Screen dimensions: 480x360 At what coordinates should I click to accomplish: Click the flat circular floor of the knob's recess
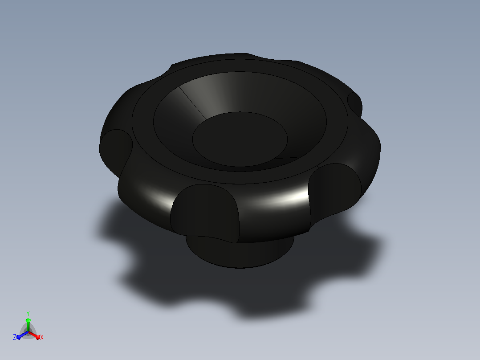click(240, 139)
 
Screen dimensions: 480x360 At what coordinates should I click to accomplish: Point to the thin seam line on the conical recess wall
click(192, 103)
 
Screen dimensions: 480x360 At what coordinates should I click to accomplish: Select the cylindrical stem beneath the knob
click(240, 251)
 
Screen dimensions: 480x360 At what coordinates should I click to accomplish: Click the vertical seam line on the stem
click(278, 249)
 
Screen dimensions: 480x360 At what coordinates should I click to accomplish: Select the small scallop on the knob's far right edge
click(355, 104)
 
